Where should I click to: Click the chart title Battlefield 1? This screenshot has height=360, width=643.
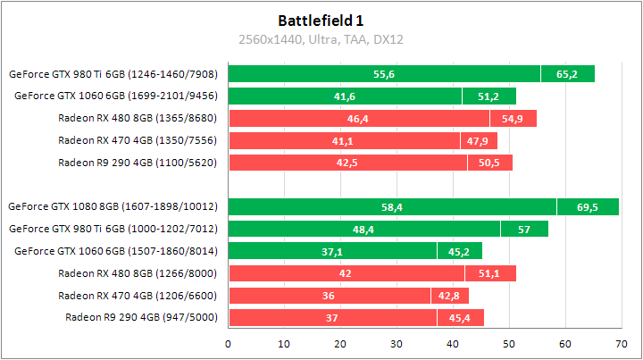pos(321,20)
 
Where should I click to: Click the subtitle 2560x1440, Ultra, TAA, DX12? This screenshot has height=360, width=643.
pos(321,39)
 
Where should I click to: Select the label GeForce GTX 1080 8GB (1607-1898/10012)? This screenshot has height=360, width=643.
pos(113,206)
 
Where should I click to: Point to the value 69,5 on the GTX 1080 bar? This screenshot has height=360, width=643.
pos(587,206)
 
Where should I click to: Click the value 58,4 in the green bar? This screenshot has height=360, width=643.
pos(392,206)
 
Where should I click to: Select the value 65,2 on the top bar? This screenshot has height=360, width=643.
pos(567,74)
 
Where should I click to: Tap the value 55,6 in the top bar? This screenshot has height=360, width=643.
pos(384,74)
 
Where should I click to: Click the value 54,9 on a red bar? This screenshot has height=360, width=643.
pos(513,118)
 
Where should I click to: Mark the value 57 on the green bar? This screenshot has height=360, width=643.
pos(524,229)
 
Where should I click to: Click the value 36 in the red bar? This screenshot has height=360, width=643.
pos(329,295)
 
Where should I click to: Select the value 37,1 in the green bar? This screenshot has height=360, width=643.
pos(332,251)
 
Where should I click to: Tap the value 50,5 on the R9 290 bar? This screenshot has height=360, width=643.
pos(489,163)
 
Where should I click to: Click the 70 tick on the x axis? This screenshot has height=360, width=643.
pos(620,342)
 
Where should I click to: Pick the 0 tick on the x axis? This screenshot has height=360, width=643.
pos(229,342)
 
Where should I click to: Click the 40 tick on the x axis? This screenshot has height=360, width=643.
pos(452,342)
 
